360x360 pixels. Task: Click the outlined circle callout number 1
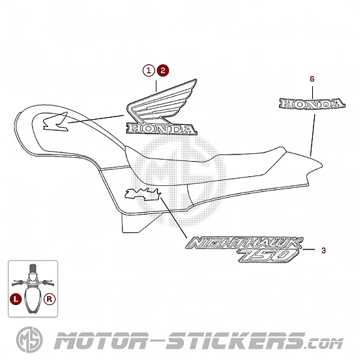point(149,70)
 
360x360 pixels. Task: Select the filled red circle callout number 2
point(163,70)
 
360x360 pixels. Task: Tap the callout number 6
point(312,79)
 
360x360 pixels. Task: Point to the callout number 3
point(323,250)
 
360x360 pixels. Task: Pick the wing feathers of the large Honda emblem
point(162,101)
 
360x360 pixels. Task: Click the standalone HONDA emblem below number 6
point(312,104)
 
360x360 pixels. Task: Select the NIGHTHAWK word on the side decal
point(244,243)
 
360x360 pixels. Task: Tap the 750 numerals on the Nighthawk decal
point(268,255)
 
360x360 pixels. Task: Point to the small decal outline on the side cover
point(143,194)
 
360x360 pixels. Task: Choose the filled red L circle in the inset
point(16,299)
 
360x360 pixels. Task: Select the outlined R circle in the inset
point(50,299)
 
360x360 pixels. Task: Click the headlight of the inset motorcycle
point(33,278)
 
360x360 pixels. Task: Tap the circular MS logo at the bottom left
point(29,340)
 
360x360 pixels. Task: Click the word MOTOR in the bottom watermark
point(100,341)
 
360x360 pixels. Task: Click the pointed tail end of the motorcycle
point(322,164)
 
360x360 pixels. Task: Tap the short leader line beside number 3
point(309,249)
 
